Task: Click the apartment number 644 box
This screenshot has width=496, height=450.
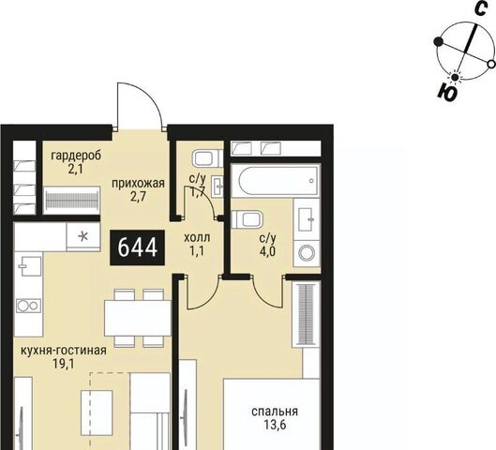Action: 138,247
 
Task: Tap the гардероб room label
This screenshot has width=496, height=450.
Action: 76,156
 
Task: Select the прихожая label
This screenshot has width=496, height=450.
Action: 138,183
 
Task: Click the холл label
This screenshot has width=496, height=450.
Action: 197,237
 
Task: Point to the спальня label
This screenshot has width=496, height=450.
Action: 275,412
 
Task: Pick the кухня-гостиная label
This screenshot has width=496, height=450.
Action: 63,351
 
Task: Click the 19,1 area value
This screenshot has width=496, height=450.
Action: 64,365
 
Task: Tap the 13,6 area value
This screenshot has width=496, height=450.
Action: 275,426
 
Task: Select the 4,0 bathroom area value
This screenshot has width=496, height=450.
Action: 267,252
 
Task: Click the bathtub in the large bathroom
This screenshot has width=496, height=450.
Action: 278,181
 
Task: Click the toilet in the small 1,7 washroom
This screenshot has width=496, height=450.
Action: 205,158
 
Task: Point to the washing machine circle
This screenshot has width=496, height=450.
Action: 308,253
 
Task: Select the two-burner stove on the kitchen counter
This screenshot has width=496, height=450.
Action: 28,306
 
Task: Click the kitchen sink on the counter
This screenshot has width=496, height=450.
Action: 29,266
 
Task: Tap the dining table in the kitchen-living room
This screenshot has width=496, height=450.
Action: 138,319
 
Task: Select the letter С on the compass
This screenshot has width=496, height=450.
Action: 480,8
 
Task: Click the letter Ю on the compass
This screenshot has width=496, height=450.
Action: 447,92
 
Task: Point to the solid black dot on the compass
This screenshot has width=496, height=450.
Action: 439,41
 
